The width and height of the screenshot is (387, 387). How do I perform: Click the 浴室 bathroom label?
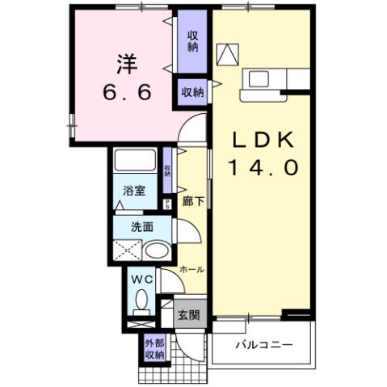coord(134,192)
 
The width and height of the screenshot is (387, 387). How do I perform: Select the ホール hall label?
coord(191,269)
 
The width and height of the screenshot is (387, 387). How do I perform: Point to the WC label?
coord(141,280)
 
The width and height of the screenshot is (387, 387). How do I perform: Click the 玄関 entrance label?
coord(188,315)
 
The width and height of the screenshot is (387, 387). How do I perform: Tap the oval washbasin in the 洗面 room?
coord(159,250)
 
